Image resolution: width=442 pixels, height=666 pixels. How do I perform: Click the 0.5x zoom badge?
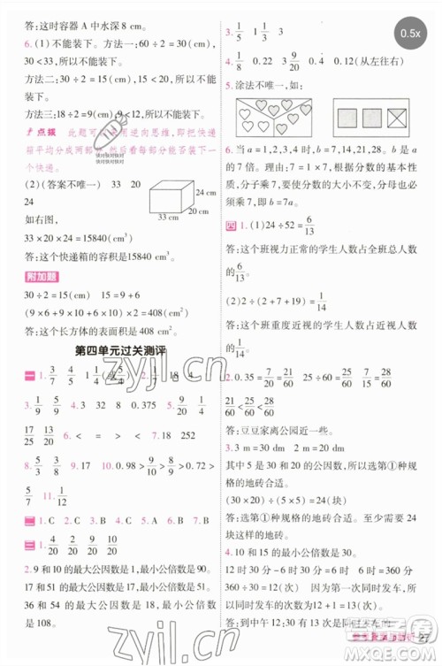(409, 33)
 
